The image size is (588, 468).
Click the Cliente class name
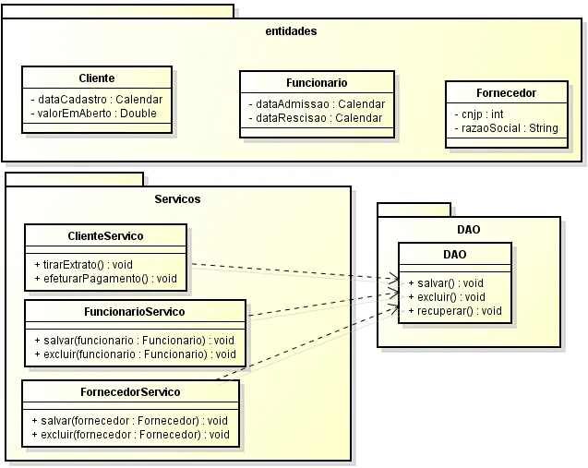point(97,78)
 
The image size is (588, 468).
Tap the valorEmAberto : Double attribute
point(93,114)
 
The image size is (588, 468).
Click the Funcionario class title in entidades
point(317,82)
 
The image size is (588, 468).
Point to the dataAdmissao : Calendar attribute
point(317,103)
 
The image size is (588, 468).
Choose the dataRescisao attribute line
point(314,118)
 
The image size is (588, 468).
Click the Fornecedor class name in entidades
point(506,92)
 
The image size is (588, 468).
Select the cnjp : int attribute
point(479,114)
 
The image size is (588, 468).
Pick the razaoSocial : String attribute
point(506,128)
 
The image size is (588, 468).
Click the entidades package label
point(290,30)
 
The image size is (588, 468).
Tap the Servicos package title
point(177,198)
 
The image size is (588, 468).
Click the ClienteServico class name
point(105,236)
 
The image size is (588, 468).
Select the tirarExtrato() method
point(83,264)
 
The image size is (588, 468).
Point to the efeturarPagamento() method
point(104,278)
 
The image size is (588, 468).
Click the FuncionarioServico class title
point(134,311)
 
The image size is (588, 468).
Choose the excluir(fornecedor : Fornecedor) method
point(130,434)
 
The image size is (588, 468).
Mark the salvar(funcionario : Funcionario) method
point(134,340)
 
